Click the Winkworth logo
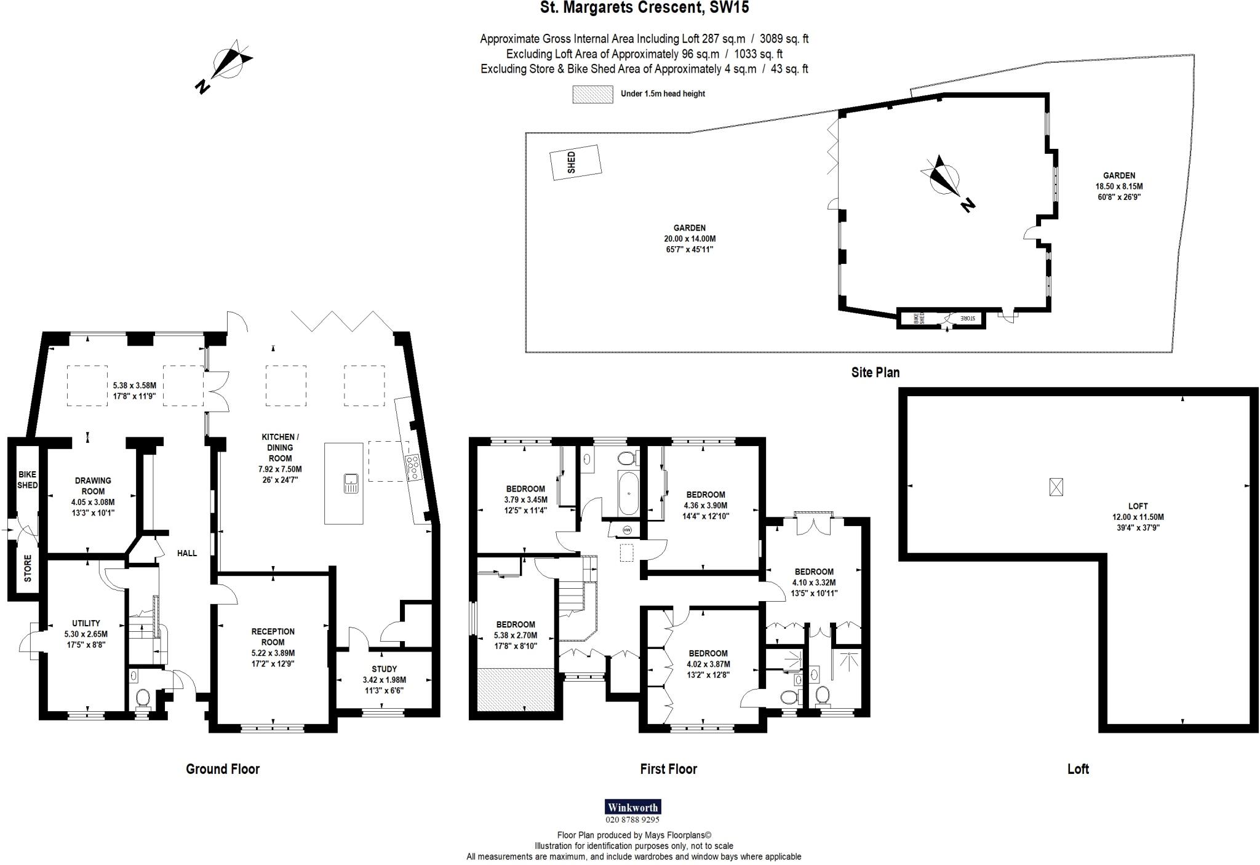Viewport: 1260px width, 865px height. (632, 807)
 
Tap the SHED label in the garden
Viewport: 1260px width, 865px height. (572, 162)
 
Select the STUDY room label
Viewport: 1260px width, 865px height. (384, 669)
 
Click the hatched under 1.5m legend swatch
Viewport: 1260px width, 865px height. (592, 94)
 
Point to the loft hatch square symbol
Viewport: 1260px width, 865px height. (1056, 487)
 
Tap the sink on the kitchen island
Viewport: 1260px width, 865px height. (351, 483)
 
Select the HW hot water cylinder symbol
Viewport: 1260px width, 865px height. (627, 530)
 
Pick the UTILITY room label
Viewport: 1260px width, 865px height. (86, 623)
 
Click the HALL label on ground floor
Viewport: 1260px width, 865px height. (187, 553)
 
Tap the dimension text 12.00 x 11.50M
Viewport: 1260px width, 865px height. (1138, 517)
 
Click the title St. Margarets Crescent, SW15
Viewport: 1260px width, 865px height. (644, 8)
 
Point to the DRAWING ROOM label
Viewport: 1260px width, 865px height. (93, 485)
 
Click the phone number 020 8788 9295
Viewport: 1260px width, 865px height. (632, 819)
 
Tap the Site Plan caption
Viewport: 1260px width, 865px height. (875, 372)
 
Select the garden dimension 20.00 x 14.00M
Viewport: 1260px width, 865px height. (690, 239)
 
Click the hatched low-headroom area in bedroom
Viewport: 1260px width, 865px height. (515, 690)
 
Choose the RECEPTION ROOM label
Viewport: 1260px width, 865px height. (273, 636)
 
